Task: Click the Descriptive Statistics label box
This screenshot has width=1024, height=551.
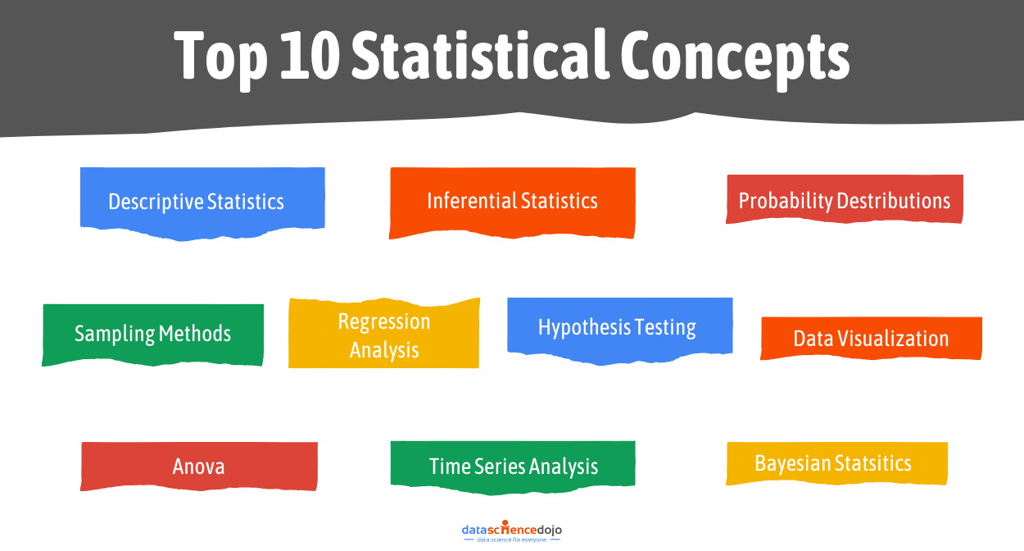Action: [x=202, y=202]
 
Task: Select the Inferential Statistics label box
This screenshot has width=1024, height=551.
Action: [x=512, y=202]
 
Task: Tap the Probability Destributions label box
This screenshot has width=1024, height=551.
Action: [x=845, y=200]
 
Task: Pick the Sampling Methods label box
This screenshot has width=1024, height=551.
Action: [x=152, y=334]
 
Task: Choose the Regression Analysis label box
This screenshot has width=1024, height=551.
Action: [x=383, y=335]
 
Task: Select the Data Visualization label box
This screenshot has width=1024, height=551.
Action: [x=871, y=339]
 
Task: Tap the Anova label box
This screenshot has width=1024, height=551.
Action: [x=198, y=467]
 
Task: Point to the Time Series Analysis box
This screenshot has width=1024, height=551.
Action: [x=513, y=467]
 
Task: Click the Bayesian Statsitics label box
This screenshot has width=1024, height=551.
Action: [x=836, y=463]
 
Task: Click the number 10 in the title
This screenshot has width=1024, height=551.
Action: [x=310, y=56]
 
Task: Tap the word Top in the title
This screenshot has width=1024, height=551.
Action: [x=220, y=56]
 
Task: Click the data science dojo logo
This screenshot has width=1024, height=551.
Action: [x=512, y=532]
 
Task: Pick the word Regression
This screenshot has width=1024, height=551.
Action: [x=383, y=321]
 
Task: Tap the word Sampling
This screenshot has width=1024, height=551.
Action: [x=115, y=334]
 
